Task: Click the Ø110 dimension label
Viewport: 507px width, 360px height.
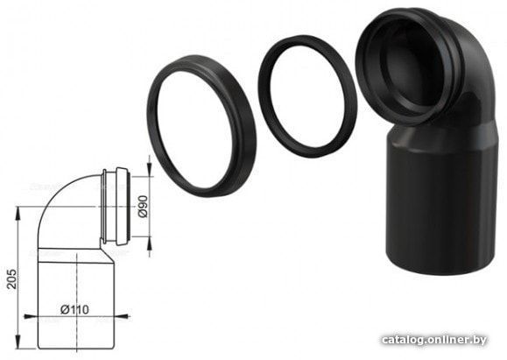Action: point(74,309)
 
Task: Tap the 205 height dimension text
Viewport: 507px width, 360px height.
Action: point(11,279)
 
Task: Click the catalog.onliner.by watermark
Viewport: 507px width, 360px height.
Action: point(434,340)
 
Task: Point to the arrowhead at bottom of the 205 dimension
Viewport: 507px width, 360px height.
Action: point(18,342)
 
